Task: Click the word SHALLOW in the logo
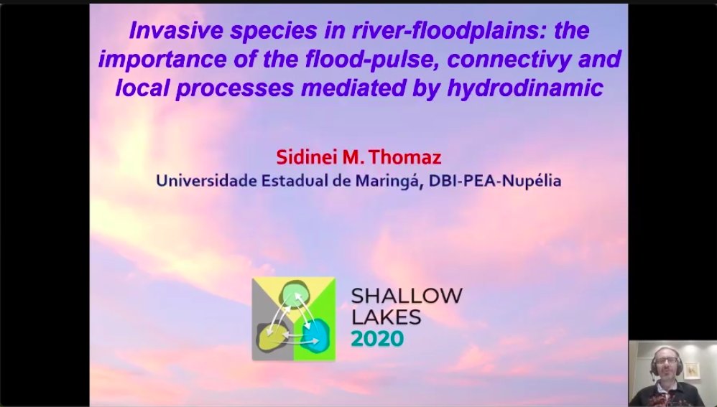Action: click(x=407, y=295)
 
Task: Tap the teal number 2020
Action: click(x=378, y=338)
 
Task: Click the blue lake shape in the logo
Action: click(x=315, y=335)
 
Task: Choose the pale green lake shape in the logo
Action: click(x=294, y=294)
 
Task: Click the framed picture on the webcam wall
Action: click(x=692, y=370)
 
